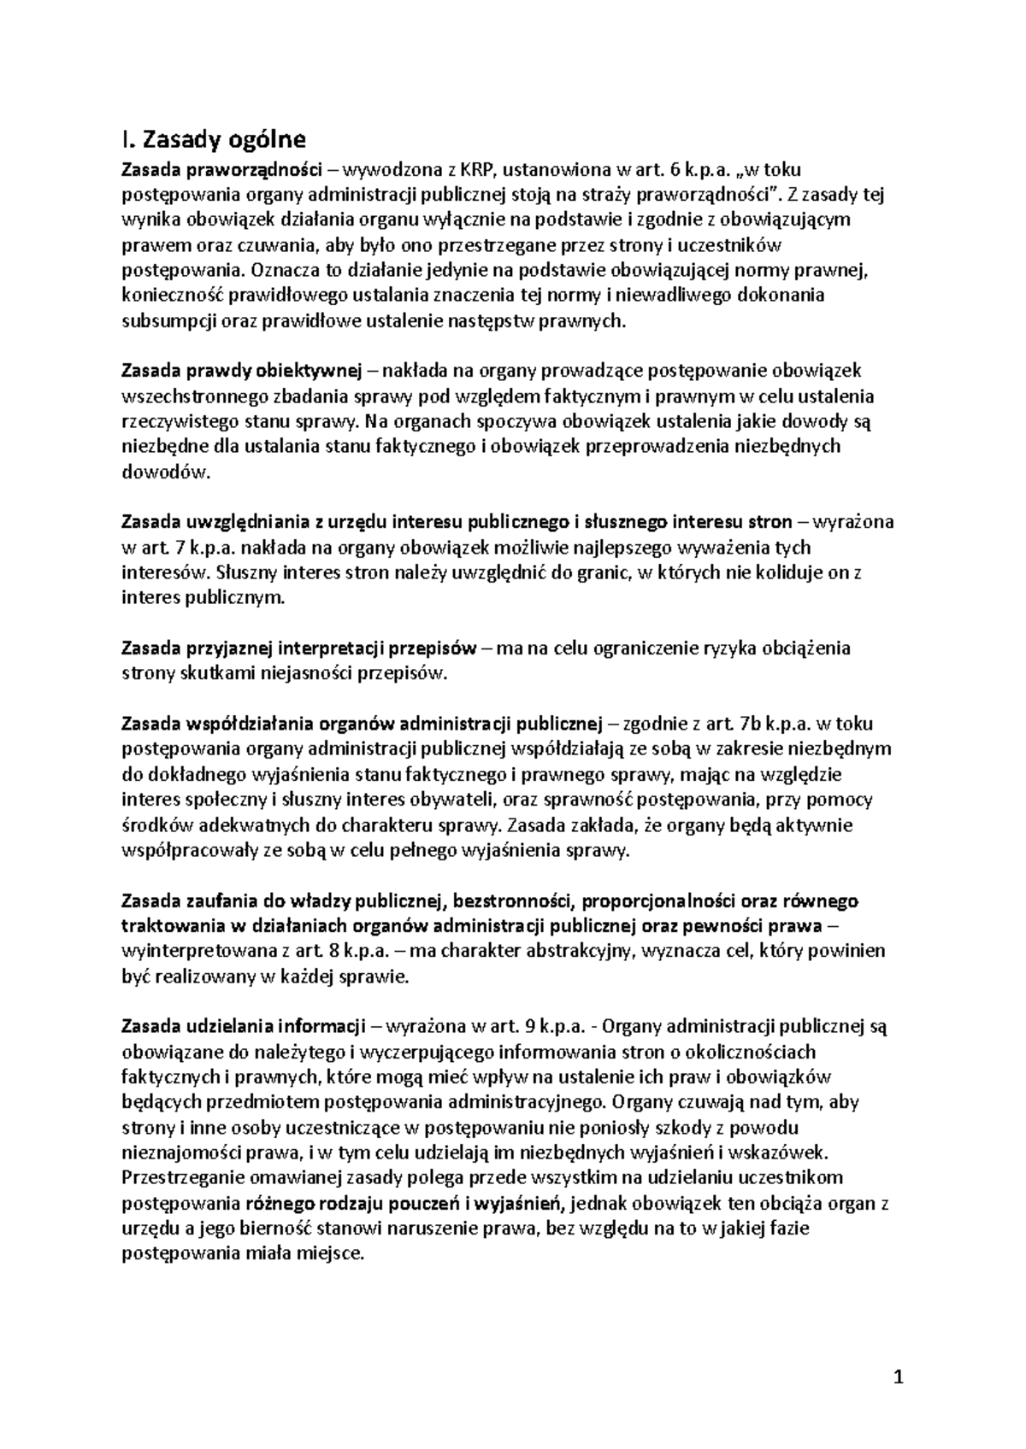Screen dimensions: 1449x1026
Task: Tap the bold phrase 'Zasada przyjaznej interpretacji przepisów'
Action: [299, 648]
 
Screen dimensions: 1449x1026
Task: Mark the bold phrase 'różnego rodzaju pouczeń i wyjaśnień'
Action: [403, 1204]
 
